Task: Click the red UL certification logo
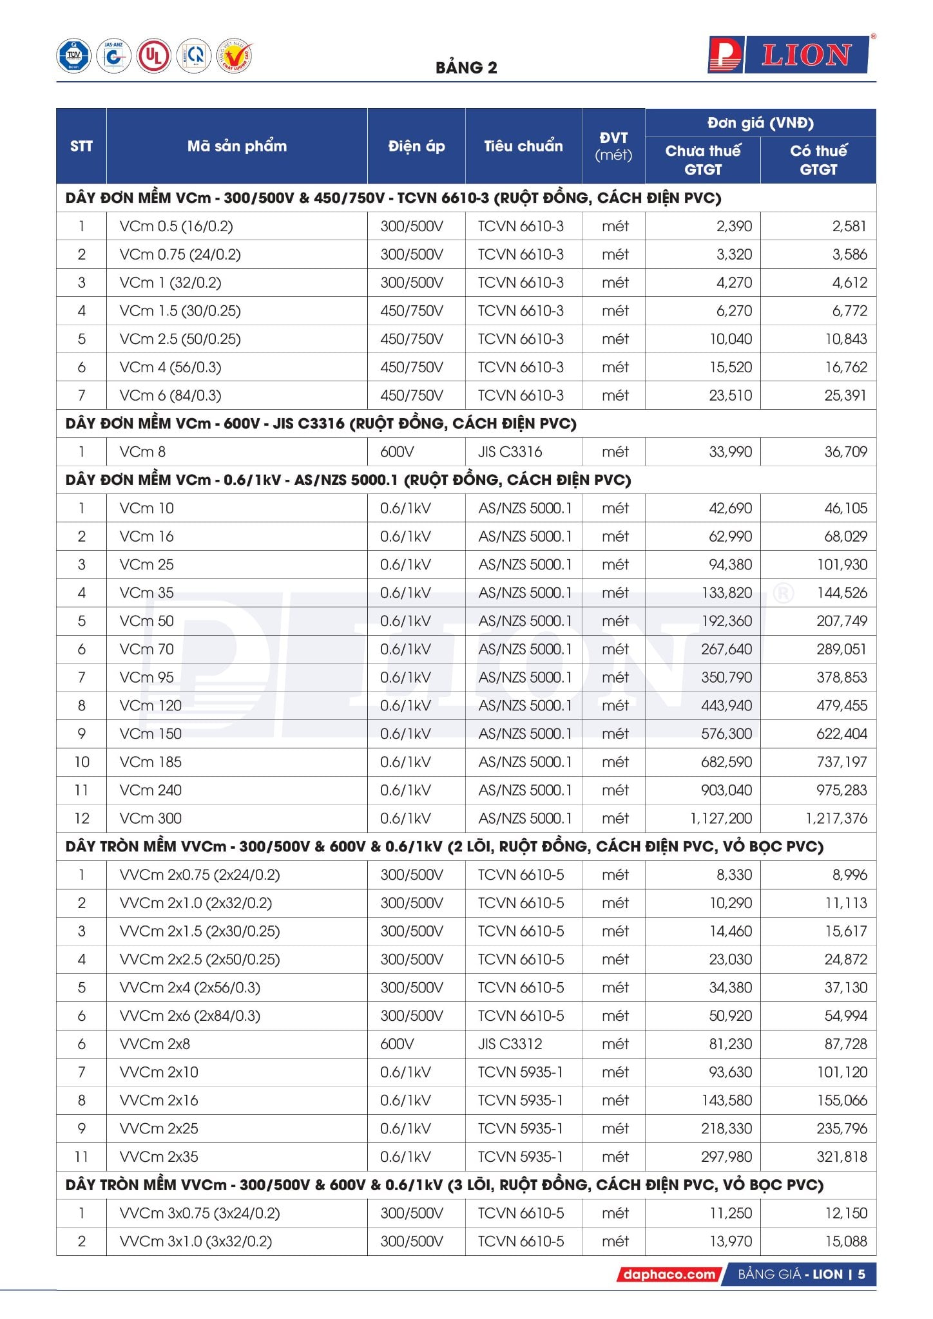point(153,56)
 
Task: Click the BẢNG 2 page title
point(466,68)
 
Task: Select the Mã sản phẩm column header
point(236,146)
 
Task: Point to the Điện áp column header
point(416,146)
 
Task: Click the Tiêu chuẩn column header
point(523,146)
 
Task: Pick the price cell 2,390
point(734,226)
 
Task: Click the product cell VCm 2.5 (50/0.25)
point(180,339)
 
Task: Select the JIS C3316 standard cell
point(510,451)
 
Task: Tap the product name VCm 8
point(142,451)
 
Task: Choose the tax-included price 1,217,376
point(836,818)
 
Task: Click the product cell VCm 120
point(150,705)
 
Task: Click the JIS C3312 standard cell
point(510,1043)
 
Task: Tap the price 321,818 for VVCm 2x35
point(842,1156)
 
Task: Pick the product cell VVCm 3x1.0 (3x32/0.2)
point(195,1241)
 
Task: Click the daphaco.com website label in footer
point(669,1274)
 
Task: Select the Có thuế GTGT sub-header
point(818,160)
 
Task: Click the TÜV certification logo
point(73,56)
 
